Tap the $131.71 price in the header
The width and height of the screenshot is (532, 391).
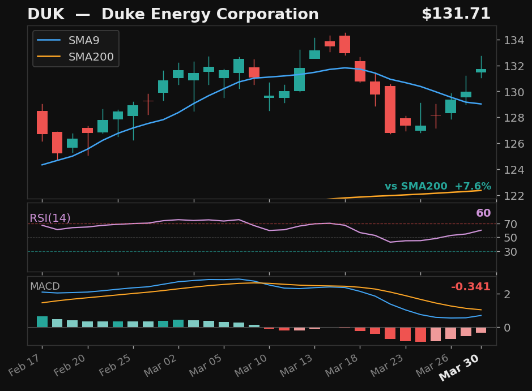456,14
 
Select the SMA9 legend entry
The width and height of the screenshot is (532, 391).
83,41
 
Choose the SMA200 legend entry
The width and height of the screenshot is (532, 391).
91,57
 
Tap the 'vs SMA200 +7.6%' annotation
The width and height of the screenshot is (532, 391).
437,186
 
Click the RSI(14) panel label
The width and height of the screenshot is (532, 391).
50,218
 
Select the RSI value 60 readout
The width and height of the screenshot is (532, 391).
483,213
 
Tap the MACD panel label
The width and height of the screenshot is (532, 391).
45,286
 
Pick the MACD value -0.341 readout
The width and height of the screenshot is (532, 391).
470,287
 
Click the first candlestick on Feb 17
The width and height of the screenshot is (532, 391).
42,122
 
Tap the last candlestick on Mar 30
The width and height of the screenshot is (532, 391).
481,71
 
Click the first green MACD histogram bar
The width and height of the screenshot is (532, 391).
42,321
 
